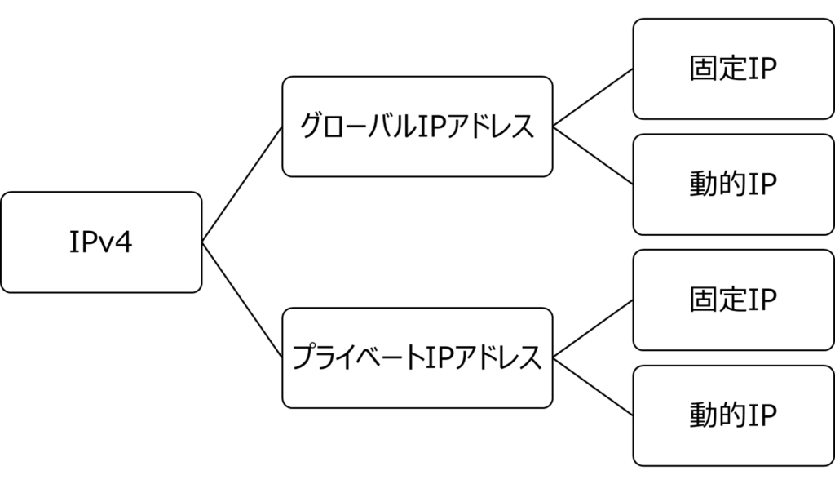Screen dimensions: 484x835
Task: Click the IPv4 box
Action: pyautogui.click(x=100, y=242)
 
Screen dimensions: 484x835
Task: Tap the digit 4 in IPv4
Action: pyautogui.click(x=123, y=242)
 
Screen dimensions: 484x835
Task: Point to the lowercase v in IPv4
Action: pyautogui.click(x=105, y=244)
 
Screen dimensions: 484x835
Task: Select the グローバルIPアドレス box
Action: pyautogui.click(x=417, y=127)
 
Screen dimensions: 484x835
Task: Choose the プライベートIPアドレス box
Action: pyautogui.click(x=417, y=357)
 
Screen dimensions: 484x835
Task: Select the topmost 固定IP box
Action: pyautogui.click(x=733, y=69)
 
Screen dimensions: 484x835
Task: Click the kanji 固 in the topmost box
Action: pyautogui.click(x=702, y=69)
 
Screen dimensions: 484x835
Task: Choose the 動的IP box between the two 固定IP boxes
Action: pyautogui.click(x=733, y=184)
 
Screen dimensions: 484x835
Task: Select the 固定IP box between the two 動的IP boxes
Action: pyautogui.click(x=733, y=300)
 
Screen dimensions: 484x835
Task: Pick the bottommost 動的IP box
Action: pyautogui.click(x=733, y=415)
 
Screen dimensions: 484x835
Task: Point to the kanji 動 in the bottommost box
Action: pyautogui.click(x=702, y=415)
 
